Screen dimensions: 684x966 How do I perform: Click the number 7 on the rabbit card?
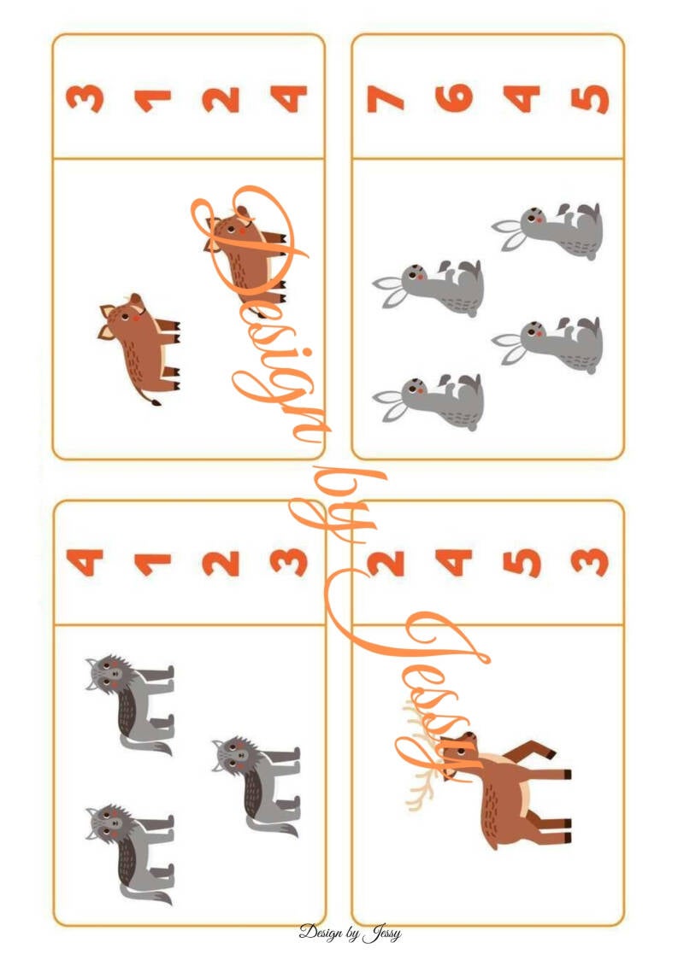click(x=386, y=98)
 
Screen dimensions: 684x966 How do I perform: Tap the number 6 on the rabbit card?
click(x=454, y=98)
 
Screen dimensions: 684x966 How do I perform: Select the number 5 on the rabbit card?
click(x=590, y=98)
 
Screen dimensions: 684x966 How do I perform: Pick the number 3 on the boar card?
click(x=85, y=98)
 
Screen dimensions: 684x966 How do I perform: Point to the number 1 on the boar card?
click(x=152, y=101)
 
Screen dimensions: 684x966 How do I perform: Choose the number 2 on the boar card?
click(x=221, y=99)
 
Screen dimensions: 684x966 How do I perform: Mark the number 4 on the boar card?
click(x=289, y=98)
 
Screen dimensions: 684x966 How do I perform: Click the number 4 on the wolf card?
click(x=85, y=562)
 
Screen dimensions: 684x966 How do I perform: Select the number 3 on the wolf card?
click(x=289, y=563)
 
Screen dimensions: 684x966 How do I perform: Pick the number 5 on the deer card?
click(x=522, y=563)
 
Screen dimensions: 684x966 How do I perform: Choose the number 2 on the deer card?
click(x=386, y=563)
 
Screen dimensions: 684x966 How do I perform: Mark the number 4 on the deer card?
click(x=454, y=562)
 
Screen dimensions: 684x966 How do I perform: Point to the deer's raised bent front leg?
click(x=529, y=752)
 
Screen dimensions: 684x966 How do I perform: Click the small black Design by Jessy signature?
click(x=350, y=933)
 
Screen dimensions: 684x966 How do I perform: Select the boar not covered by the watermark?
click(x=139, y=348)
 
